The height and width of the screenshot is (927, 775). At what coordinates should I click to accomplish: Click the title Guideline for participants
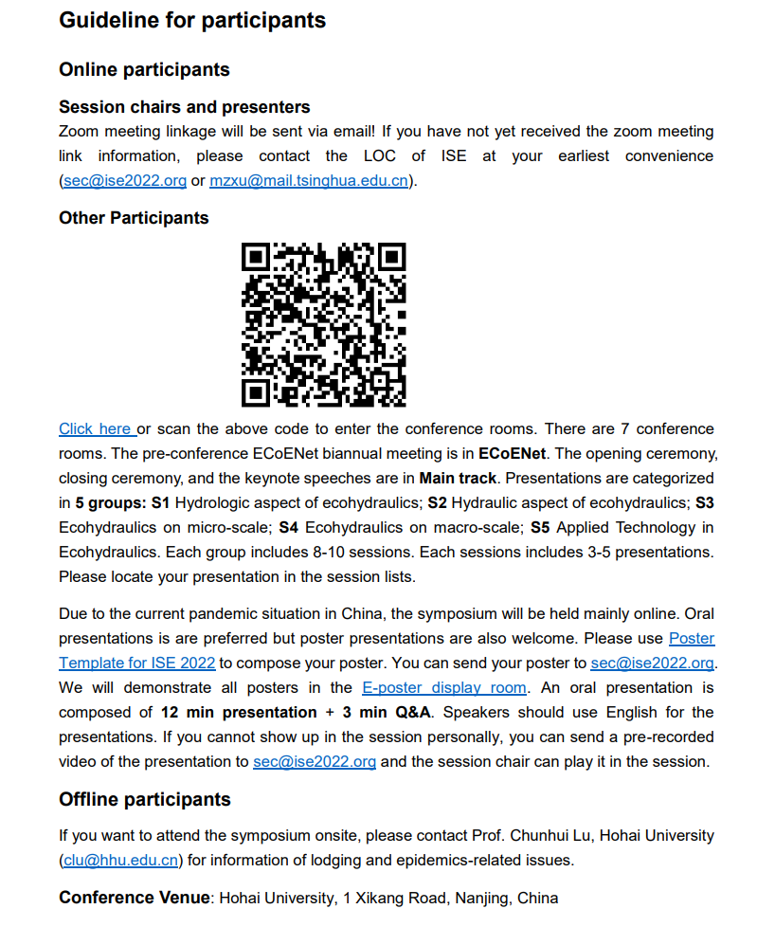[x=192, y=20]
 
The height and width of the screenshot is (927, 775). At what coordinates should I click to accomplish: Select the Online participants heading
[x=144, y=69]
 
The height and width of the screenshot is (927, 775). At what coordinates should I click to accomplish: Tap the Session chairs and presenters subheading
[x=184, y=106]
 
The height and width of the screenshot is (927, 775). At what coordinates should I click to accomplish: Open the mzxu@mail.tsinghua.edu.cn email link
[x=309, y=180]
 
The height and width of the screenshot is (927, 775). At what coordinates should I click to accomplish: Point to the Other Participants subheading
[x=134, y=218]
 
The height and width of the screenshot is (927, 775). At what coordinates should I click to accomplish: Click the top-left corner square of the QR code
[x=257, y=258]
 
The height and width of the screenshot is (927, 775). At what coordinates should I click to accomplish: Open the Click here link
[x=95, y=429]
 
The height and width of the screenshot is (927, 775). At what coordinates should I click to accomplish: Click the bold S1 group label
[x=160, y=502]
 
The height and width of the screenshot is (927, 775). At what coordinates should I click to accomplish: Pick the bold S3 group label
[x=704, y=502]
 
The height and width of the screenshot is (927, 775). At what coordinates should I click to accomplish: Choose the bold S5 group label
[x=540, y=527]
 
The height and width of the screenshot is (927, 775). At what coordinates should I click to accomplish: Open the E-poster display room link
[x=443, y=688]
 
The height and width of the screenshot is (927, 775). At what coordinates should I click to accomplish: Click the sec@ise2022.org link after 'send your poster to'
[x=652, y=663]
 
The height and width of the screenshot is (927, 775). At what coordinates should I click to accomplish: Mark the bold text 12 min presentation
[x=239, y=713]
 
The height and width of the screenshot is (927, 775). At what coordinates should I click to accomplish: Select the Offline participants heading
[x=145, y=799]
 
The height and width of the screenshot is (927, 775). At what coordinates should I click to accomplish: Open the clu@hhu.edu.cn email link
[x=121, y=861]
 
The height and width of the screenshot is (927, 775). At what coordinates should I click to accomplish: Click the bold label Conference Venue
[x=135, y=898]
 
